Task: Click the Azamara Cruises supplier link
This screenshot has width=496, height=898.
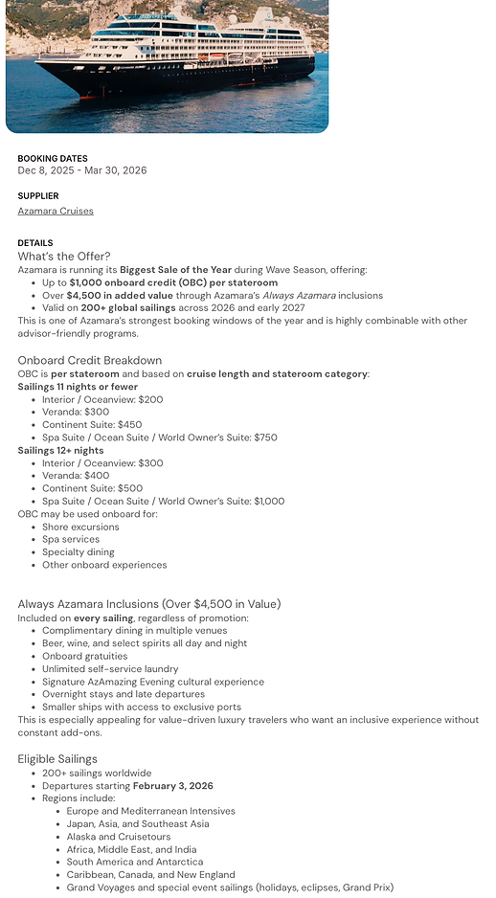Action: tap(56, 212)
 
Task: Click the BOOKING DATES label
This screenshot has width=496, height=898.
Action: tap(53, 159)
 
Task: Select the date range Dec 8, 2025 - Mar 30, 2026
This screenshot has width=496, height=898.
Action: tap(82, 170)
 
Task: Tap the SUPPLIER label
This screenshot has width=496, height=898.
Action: tap(38, 196)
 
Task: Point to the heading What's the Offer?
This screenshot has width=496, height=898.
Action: tap(64, 257)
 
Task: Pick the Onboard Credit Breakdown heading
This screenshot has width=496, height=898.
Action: tap(90, 361)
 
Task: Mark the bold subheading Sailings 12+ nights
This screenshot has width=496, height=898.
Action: tap(60, 451)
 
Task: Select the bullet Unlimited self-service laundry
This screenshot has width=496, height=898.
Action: tap(110, 669)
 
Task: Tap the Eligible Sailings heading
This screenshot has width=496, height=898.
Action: tap(57, 759)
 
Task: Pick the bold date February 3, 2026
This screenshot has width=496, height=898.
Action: tap(173, 786)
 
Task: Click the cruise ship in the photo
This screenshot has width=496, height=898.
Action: tap(177, 57)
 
